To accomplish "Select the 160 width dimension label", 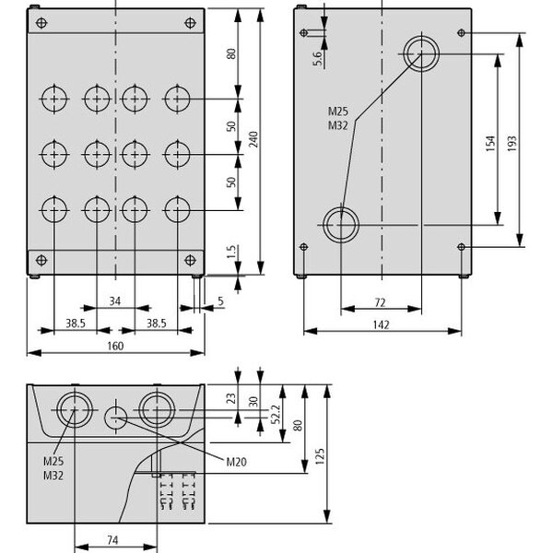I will (115, 346).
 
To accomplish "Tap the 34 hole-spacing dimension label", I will (115, 300).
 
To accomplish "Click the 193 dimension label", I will (513, 142).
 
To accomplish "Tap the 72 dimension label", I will (381, 301).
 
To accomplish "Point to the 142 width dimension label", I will (381, 324).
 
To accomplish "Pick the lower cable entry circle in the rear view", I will (340, 221).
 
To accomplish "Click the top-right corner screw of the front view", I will (189, 21).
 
